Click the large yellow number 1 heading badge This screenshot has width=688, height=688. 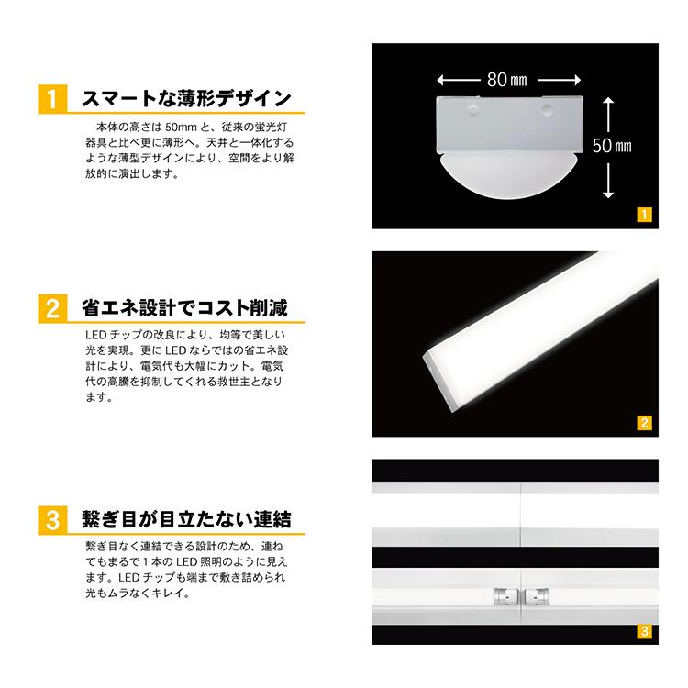click(x=52, y=99)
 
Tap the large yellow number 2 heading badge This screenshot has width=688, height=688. click(x=52, y=308)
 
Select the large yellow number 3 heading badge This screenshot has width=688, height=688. click(x=52, y=520)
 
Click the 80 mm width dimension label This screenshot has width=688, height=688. click(x=506, y=80)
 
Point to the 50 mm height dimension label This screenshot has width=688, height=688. click(x=612, y=146)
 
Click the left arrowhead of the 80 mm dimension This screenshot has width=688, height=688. click(x=441, y=80)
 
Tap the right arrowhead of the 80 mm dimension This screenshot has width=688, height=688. click(x=577, y=80)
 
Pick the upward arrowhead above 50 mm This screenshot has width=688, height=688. click(x=608, y=101)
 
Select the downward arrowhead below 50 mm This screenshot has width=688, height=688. click(x=608, y=194)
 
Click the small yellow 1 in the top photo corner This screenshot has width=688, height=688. click(x=644, y=215)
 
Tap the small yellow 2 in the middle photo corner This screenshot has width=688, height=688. click(x=644, y=423)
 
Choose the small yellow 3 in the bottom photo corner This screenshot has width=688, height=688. click(x=644, y=631)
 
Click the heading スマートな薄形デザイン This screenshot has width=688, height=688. click(x=186, y=98)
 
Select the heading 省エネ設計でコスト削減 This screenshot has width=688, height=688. click(x=184, y=307)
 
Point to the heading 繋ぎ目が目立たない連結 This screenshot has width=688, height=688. click(x=186, y=519)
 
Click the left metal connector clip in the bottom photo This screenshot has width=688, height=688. click(x=505, y=597)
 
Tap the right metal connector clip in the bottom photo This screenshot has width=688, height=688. click(x=537, y=597)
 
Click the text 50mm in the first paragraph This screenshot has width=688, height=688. click(x=181, y=128)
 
